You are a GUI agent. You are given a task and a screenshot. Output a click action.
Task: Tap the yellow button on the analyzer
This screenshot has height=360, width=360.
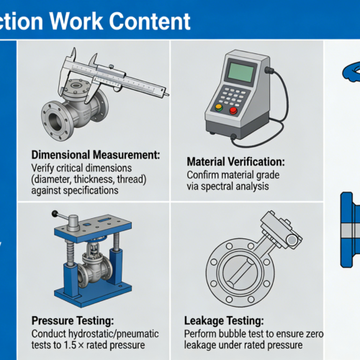(x=219, y=107)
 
